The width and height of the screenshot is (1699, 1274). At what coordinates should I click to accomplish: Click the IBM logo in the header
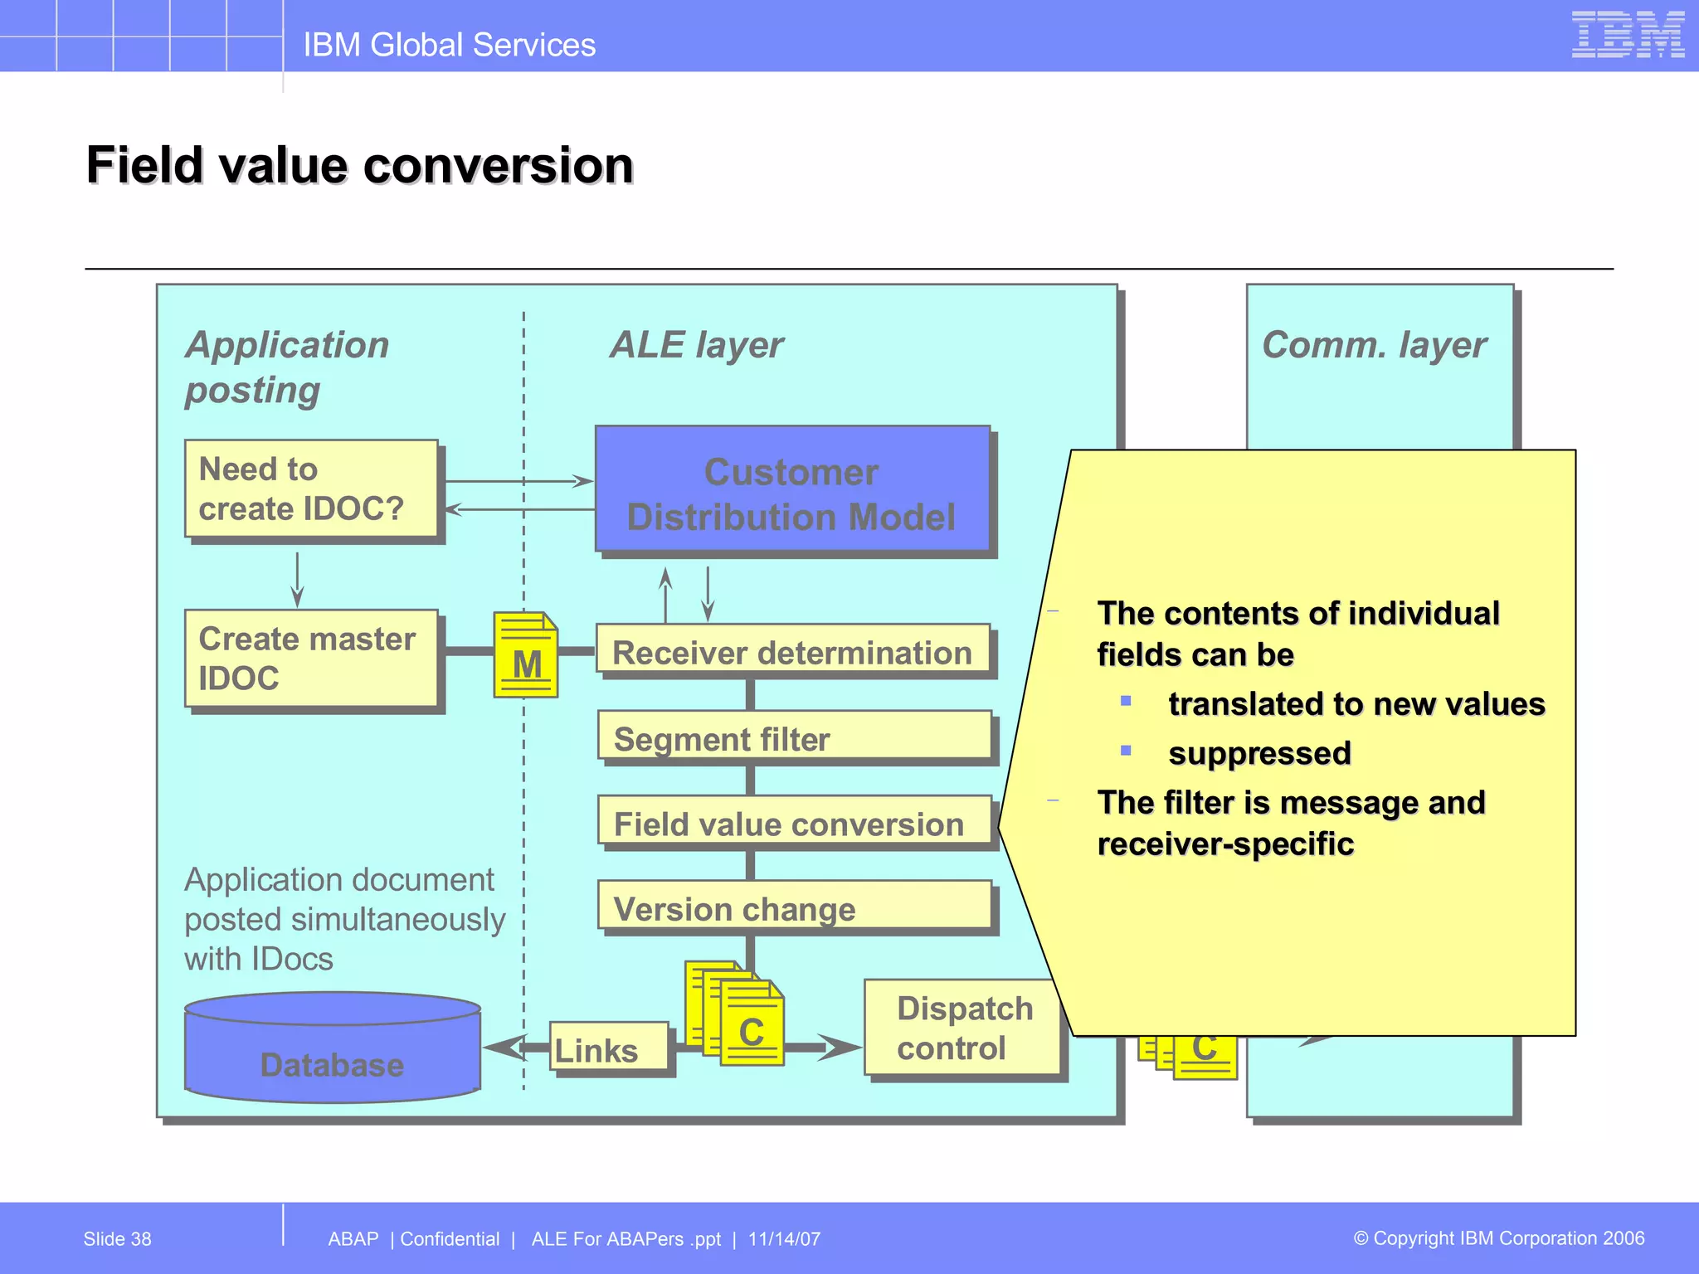click(1627, 35)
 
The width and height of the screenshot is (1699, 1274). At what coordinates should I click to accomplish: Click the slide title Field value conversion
click(360, 165)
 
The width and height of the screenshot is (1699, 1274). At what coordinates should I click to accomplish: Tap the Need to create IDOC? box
click(311, 489)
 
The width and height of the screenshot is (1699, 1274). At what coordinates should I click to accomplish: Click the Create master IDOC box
click(311, 659)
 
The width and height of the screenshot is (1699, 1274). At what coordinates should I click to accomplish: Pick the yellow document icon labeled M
click(526, 655)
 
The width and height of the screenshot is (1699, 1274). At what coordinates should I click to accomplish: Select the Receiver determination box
click(792, 653)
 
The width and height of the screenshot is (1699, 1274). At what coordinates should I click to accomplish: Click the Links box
click(608, 1048)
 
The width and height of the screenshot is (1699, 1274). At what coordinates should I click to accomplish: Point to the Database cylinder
click(332, 1049)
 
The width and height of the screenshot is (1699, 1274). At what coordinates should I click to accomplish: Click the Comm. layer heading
click(1374, 345)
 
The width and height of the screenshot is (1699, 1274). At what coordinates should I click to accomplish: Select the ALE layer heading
click(696, 345)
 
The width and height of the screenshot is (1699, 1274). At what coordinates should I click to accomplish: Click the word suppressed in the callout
click(1259, 753)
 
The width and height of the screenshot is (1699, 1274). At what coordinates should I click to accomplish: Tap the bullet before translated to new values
click(1126, 701)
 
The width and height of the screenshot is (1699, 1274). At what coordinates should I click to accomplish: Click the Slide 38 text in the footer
click(117, 1239)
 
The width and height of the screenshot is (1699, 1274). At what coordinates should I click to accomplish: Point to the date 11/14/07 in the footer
click(784, 1239)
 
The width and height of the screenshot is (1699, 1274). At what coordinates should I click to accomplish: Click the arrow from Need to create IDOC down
click(298, 580)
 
